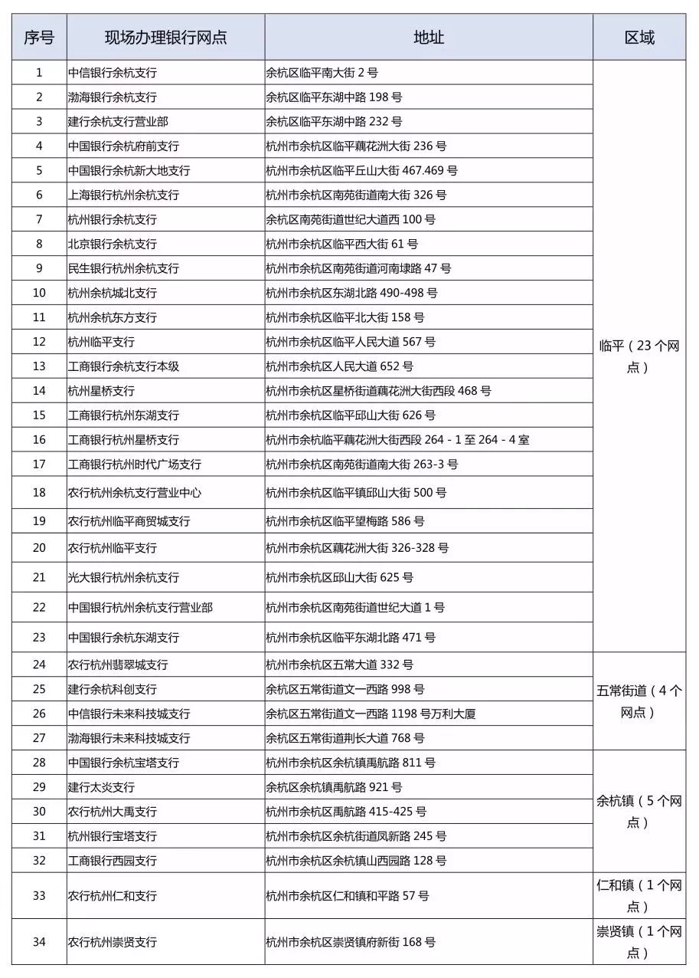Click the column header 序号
coord(39,38)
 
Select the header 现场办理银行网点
coord(166,38)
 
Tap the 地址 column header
coord(429,38)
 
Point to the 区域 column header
coord(639,38)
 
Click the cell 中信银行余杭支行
coord(112,73)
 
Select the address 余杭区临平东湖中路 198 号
coord(334,97)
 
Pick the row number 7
coord(39,219)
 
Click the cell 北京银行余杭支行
coord(112,244)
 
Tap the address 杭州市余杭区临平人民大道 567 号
coord(351,342)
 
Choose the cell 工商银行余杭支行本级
coord(123,366)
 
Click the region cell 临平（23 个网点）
coord(639,356)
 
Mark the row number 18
coord(39,492)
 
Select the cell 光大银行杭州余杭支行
coord(123,577)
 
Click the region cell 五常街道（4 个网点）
coord(639,701)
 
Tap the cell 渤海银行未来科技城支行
coord(129,738)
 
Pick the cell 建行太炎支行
coord(101,787)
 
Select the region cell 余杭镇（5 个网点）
coord(639,812)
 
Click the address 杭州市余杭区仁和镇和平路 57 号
coord(348,896)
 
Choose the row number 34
coord(39,942)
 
